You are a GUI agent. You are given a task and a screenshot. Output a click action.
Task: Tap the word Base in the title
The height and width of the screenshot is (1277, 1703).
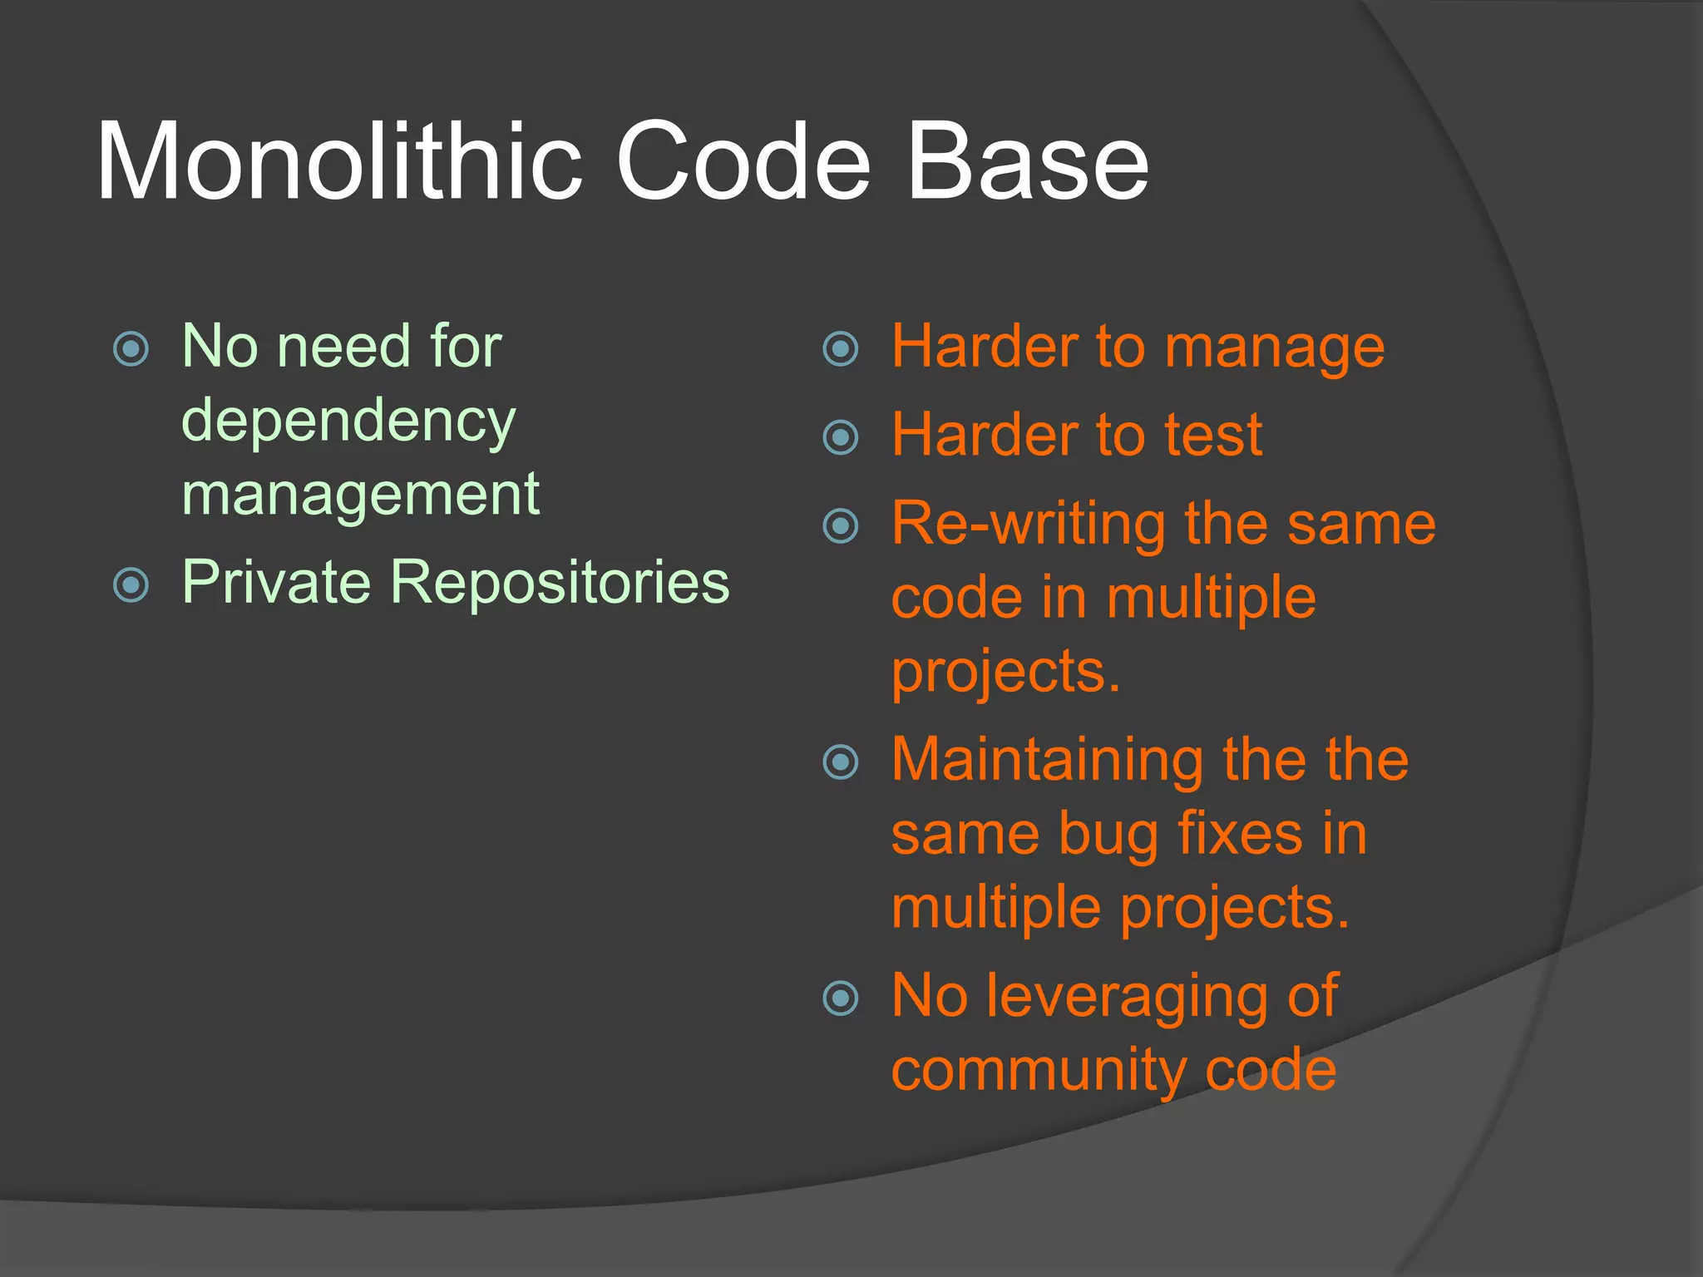[1027, 162]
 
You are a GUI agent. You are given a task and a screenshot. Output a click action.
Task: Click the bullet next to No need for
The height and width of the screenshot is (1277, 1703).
[131, 349]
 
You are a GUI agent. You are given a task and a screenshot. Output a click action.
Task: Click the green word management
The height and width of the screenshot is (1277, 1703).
[360, 496]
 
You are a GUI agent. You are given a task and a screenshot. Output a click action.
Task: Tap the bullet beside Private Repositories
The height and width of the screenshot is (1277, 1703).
[131, 585]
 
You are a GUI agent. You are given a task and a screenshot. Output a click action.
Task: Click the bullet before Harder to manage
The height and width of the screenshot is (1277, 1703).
[840, 349]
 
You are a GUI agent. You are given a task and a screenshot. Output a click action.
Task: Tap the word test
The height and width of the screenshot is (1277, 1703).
[1213, 436]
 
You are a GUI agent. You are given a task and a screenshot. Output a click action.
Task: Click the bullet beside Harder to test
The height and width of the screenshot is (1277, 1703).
[840, 437]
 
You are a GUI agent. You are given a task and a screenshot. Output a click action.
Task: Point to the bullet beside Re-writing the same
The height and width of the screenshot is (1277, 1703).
[840, 525]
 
